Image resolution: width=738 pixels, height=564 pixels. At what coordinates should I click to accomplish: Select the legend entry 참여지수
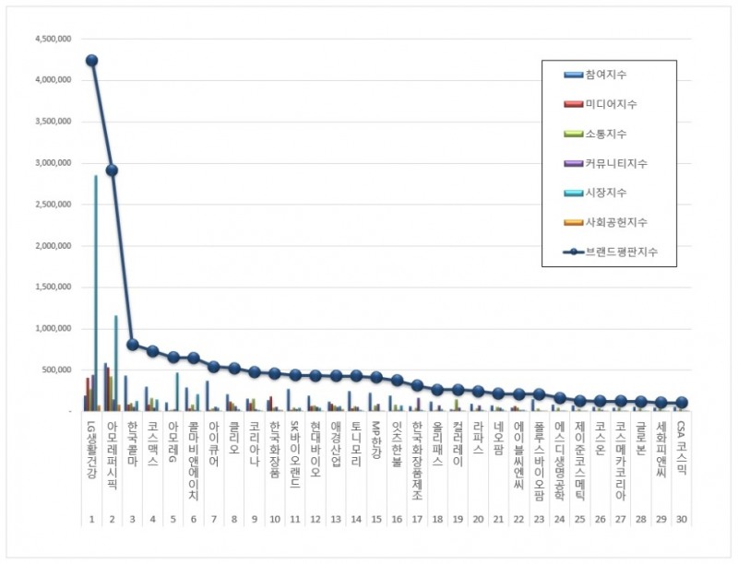click(605, 74)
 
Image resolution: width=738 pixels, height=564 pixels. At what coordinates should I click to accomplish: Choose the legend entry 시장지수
click(605, 192)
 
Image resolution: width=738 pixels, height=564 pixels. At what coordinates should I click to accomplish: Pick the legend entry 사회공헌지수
click(615, 221)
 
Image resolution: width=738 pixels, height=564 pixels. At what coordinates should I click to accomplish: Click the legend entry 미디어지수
click(611, 104)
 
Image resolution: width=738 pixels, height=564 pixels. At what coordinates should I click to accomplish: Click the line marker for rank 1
click(91, 60)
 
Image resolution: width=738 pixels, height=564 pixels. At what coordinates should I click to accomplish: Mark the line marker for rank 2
click(112, 170)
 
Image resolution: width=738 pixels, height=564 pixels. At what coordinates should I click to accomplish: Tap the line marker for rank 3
click(132, 344)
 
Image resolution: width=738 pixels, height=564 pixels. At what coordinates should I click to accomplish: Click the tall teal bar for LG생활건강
click(96, 276)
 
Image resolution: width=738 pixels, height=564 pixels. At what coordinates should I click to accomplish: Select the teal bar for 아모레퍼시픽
click(116, 359)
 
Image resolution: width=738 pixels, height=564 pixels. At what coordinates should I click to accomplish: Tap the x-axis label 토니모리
click(355, 440)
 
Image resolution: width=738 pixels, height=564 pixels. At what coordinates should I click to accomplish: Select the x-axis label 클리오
click(233, 434)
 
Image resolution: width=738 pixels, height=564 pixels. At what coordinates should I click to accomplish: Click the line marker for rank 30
click(681, 403)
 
